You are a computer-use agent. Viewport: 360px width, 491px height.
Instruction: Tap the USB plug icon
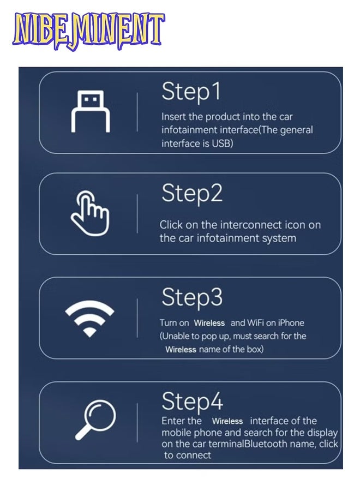point(91,112)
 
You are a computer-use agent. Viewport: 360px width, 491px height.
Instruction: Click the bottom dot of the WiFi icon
point(89,333)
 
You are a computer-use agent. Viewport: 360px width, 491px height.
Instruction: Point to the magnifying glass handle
point(83,432)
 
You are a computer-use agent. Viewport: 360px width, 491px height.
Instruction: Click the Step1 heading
point(191,92)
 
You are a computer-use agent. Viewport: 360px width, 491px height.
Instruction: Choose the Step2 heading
point(192,194)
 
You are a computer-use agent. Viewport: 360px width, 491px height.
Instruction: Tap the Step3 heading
point(192,297)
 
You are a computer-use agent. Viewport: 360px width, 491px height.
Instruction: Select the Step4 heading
point(192,402)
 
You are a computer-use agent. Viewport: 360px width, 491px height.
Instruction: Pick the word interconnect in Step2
point(251,225)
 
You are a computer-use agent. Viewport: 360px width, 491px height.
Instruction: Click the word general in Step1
point(296,130)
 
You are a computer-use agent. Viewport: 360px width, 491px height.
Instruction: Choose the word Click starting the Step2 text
point(171,225)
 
